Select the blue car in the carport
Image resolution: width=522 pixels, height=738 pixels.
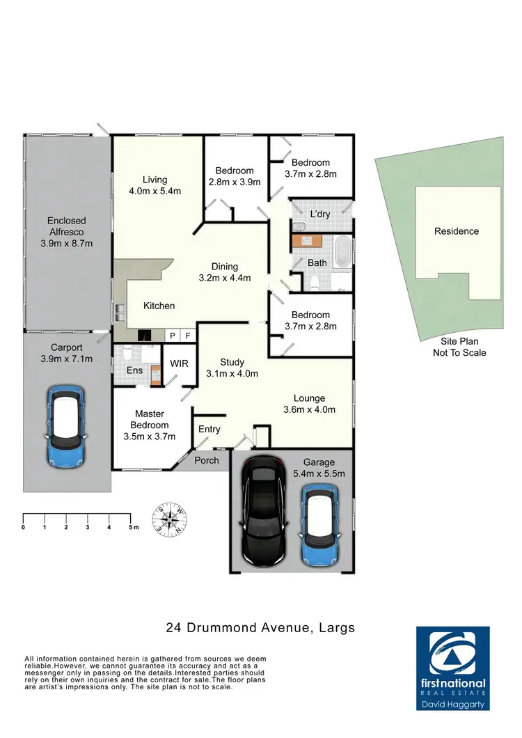67,427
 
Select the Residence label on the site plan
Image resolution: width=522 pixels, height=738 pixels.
457,231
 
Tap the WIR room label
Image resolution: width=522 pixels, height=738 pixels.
170,363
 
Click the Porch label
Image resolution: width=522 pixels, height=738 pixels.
207,460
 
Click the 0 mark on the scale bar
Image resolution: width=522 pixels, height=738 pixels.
24,528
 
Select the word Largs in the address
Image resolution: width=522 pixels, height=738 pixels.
334,628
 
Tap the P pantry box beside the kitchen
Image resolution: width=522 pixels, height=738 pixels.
173,335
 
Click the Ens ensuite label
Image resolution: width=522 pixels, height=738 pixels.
134,370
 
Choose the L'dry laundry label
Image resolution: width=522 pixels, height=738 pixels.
310,214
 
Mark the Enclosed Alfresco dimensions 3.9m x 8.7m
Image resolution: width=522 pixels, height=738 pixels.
68,244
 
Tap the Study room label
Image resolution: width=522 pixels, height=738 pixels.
232,362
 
